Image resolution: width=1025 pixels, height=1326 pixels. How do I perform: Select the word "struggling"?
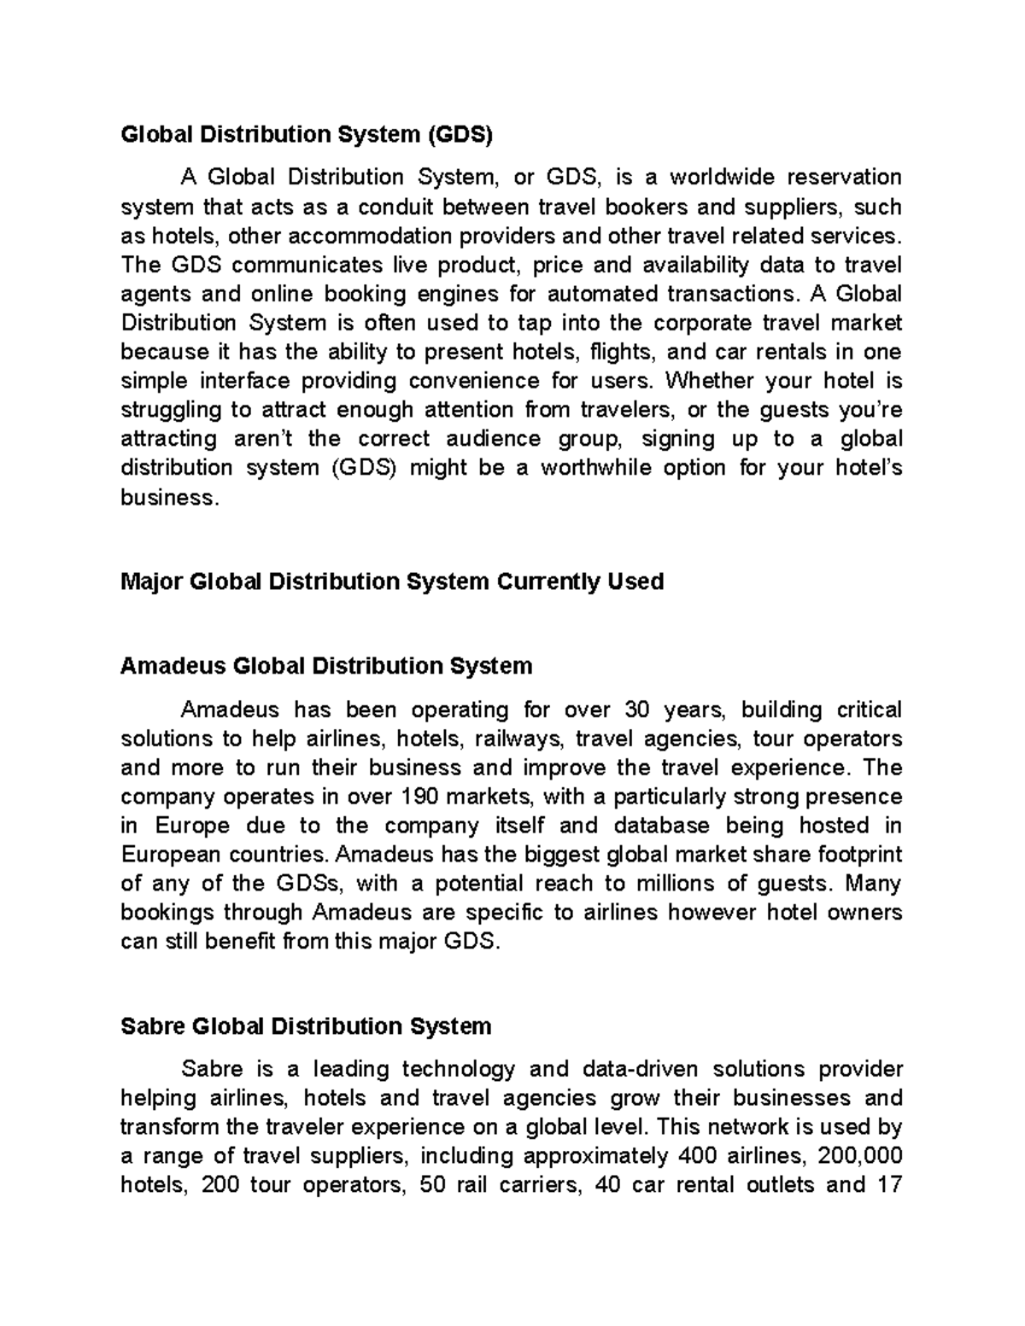pyautogui.click(x=170, y=410)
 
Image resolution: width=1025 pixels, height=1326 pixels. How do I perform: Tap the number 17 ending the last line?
pyautogui.click(x=889, y=1185)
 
